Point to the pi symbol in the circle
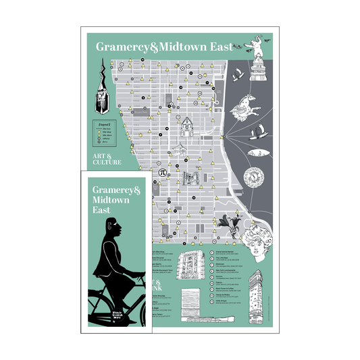pyautogui.click(x=162, y=172)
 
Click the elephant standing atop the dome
pyautogui.click(x=258, y=47)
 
